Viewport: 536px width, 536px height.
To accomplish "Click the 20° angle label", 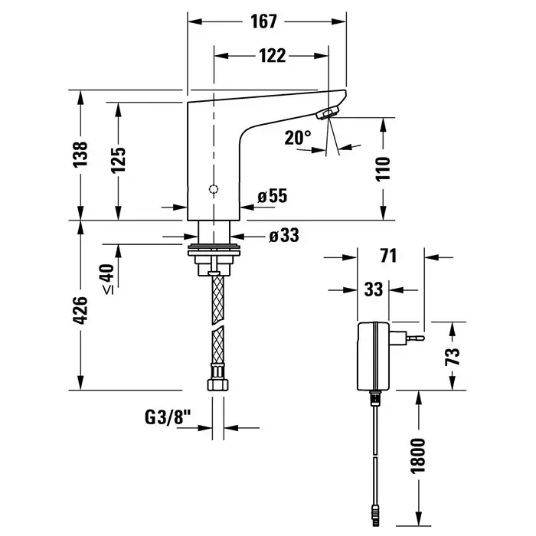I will pos(298,138).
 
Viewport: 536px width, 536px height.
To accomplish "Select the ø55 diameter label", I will pos(272,198).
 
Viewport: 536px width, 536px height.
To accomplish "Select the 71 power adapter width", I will pos(389,257).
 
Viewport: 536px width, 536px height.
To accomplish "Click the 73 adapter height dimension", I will pos(453,356).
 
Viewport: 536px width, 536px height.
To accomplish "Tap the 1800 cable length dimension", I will pos(419,458).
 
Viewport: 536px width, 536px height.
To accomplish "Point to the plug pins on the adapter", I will pos(414,335).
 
